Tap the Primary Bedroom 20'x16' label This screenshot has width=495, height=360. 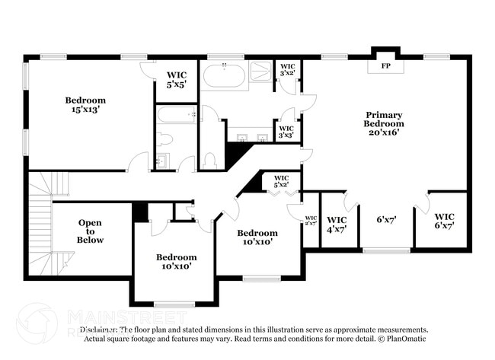pyautogui.click(x=383, y=124)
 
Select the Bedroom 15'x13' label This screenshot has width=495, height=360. pyautogui.click(x=85, y=104)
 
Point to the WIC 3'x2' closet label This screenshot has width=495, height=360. pyautogui.click(x=287, y=70)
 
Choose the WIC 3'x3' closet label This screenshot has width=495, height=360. pyautogui.click(x=286, y=132)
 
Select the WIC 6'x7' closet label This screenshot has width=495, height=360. pyautogui.click(x=444, y=221)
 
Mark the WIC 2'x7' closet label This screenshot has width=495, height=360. pyautogui.click(x=311, y=221)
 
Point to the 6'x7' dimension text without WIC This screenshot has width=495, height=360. pyautogui.click(x=387, y=220)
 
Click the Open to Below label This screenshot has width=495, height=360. pyautogui.click(x=90, y=231)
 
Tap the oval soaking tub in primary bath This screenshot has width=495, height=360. pyautogui.click(x=224, y=76)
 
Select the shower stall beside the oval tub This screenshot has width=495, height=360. pyautogui.click(x=260, y=72)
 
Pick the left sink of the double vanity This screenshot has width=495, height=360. pyautogui.click(x=242, y=138)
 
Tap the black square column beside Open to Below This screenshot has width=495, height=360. pyautogui.click(x=140, y=212)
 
